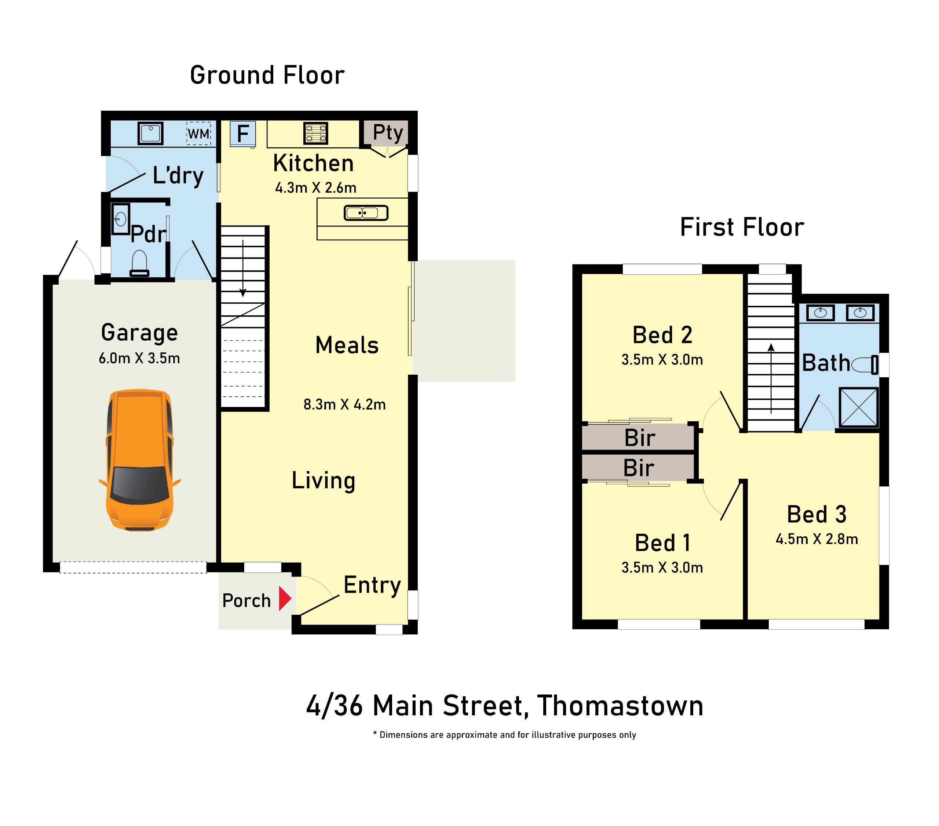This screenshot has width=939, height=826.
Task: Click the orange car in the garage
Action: pyautogui.click(x=140, y=460)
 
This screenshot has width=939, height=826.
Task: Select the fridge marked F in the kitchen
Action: pyautogui.click(x=242, y=134)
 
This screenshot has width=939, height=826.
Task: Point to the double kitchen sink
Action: pyautogui.click(x=366, y=213)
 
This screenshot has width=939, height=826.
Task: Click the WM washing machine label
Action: pyautogui.click(x=199, y=134)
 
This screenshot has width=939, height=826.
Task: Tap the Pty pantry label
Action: pyautogui.click(x=388, y=133)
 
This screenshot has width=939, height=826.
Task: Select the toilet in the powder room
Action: pyautogui.click(x=139, y=263)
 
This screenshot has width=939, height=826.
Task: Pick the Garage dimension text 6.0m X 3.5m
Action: pyautogui.click(x=139, y=358)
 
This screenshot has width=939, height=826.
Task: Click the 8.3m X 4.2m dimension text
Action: pyautogui.click(x=344, y=404)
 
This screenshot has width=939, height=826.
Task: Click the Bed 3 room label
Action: pyautogui.click(x=816, y=514)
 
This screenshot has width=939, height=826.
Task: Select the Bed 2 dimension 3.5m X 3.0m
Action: pyautogui.click(x=662, y=359)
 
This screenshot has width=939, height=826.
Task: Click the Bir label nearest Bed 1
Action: pyautogui.click(x=639, y=468)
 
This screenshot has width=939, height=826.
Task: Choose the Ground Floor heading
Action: pyautogui.click(x=267, y=75)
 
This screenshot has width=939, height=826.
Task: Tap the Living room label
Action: pyautogui.click(x=324, y=481)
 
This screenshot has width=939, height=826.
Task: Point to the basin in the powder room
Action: pyautogui.click(x=121, y=219)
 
